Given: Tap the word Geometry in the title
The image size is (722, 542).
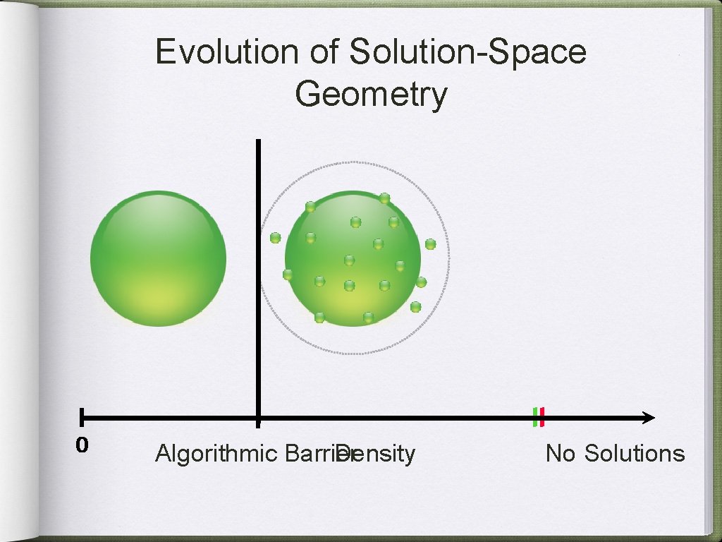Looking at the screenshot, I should coord(371,95).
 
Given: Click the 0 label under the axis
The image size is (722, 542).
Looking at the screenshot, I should coord(82,445).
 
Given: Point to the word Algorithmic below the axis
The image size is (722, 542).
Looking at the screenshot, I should coord(217,453).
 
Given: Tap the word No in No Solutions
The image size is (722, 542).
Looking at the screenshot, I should coord(561,453).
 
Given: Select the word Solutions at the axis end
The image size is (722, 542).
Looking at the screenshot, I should coord(635,453).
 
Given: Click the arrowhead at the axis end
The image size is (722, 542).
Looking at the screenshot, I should coord(649,418).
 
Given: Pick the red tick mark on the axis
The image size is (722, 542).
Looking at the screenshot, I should coord(541,417).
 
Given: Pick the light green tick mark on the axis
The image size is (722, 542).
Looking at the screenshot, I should coord(534,417).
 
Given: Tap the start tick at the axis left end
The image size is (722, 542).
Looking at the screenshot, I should coord(82,418).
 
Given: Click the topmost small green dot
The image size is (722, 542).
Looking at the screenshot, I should coord(384,198).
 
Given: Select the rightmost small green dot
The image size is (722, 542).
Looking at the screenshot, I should coord(430,244).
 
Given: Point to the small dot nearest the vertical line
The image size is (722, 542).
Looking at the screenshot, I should coord(275,238).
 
